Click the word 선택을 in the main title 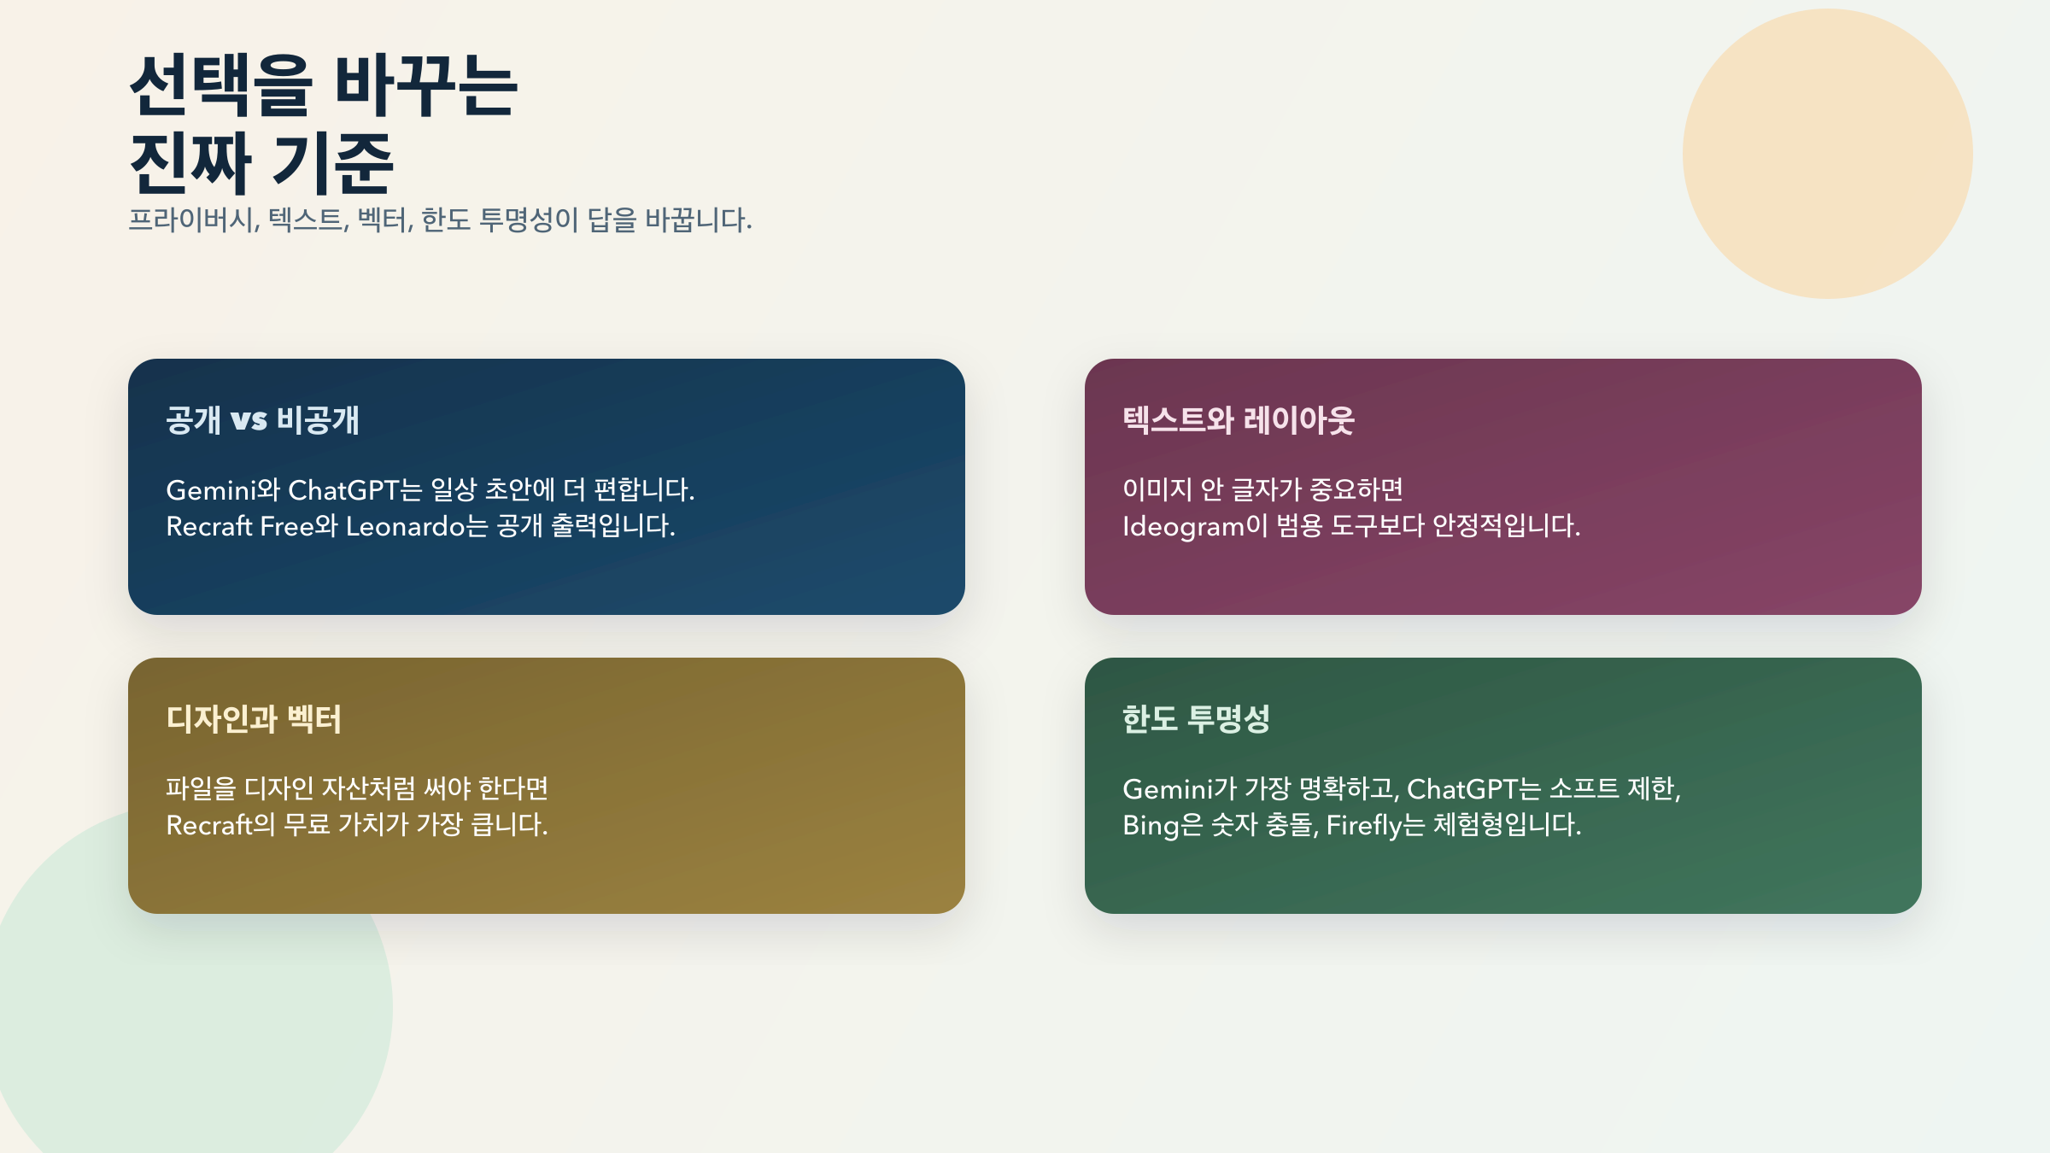[220, 85]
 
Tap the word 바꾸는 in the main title [425, 85]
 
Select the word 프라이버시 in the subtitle [193, 220]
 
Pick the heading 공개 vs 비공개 [262, 420]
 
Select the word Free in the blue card [286, 526]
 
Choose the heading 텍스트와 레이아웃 [1238, 420]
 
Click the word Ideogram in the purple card [1183, 526]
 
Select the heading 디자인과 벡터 [254, 719]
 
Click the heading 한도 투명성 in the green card [1196, 719]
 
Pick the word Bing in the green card [1150, 825]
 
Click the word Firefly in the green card [1364, 825]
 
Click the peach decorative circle [1827, 154]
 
